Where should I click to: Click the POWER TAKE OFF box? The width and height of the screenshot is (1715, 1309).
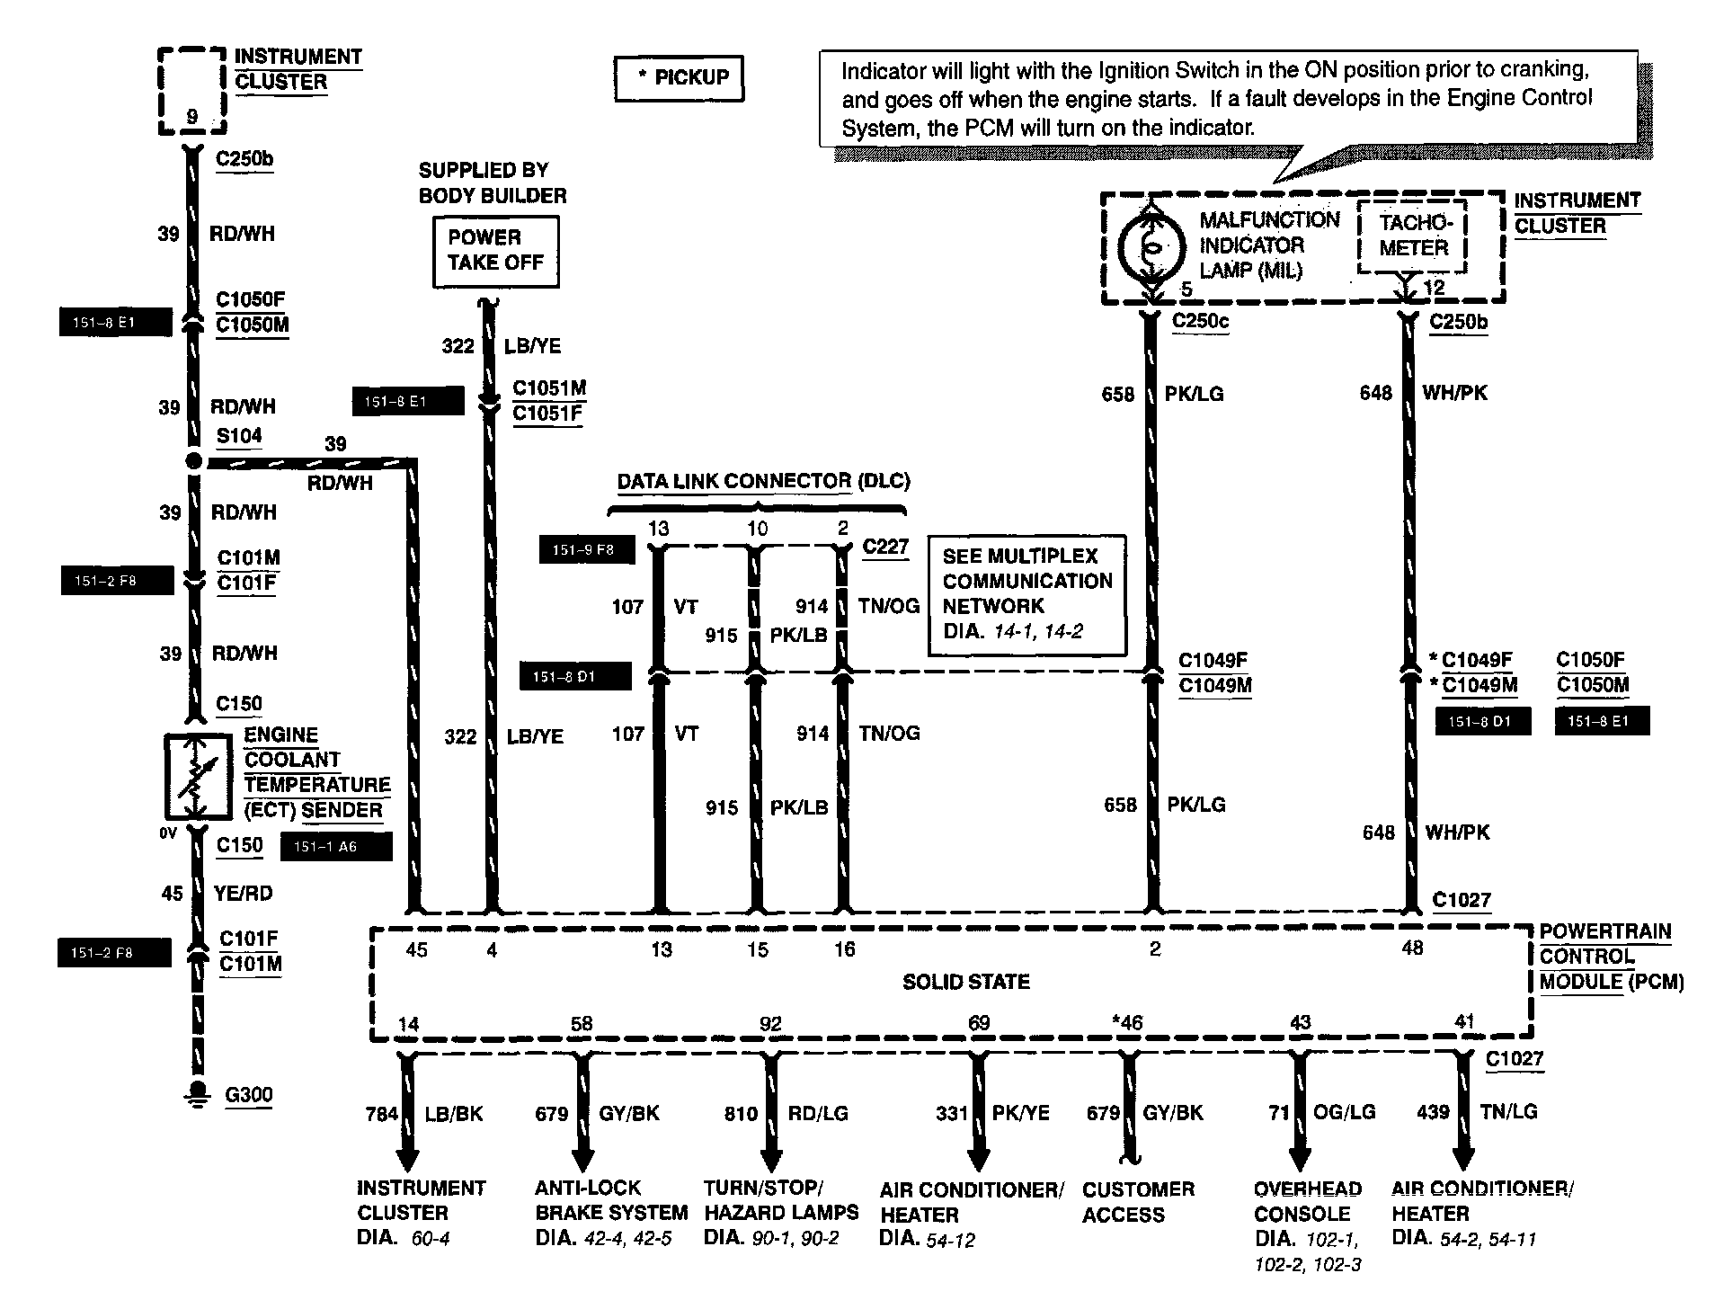(495, 251)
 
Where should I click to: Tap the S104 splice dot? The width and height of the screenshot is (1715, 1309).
(193, 461)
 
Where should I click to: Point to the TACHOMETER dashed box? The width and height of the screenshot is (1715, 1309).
(1412, 236)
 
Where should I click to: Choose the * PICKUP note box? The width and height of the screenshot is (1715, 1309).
(680, 78)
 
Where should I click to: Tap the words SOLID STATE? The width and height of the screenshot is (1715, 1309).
(965, 982)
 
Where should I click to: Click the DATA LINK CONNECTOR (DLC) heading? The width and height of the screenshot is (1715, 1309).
(763, 481)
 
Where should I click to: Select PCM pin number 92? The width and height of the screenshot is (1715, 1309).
(770, 1024)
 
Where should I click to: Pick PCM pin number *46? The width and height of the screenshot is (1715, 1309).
(1126, 1023)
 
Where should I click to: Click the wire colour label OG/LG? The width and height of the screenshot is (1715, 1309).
(1344, 1112)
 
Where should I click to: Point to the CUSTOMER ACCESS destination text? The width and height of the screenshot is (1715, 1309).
(1138, 1202)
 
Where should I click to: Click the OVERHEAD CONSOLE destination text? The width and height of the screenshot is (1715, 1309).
(1307, 1201)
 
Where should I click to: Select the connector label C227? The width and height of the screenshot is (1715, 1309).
(884, 547)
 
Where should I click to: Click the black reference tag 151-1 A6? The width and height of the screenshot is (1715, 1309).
(336, 847)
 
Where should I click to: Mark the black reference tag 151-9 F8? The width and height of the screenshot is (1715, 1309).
(586, 549)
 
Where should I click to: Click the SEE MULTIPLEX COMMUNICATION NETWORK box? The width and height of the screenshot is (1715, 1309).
(1026, 593)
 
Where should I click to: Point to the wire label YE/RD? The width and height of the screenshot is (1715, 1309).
(243, 894)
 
